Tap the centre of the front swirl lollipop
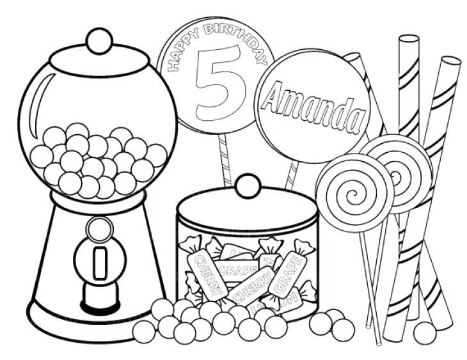(354, 190)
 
